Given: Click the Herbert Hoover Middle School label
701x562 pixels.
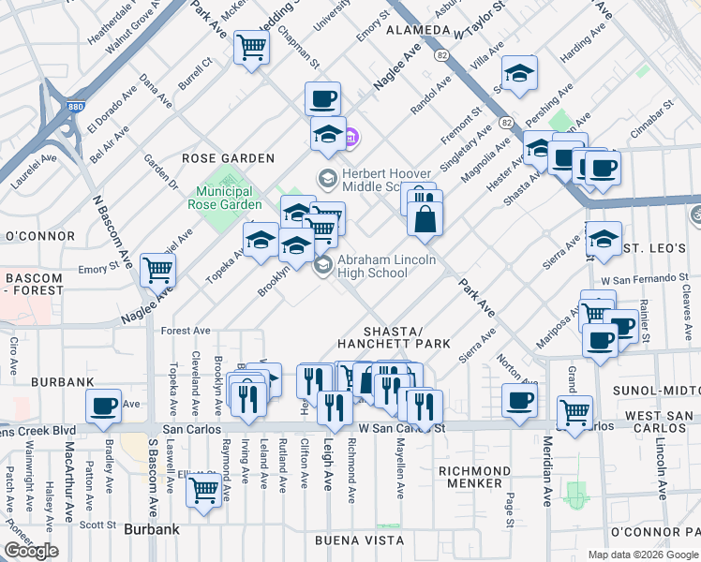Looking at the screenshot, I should pos(386,180).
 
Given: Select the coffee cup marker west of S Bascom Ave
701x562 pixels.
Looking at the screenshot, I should pos(103,406).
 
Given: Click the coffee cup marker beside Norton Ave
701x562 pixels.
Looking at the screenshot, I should pos(519,400).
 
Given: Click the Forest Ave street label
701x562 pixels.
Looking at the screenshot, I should pos(186,331).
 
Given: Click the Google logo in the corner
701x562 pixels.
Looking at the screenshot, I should pos(31,551).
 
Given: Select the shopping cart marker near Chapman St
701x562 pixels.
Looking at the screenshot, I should pos(252,47).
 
